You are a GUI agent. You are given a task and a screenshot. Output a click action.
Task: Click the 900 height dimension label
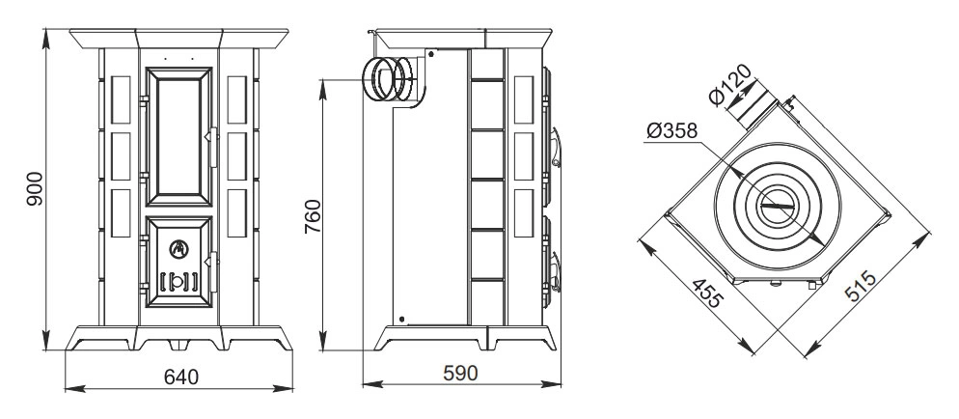pos(36,188)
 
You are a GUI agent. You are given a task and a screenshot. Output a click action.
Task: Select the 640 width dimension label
pos(181,377)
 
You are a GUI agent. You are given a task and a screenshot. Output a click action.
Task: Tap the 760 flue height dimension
pos(312,216)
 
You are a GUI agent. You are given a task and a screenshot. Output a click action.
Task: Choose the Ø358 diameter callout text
pos(671,131)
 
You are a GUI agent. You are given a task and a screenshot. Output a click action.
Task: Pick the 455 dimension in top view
pos(708,293)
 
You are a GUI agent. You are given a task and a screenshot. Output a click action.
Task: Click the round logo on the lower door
pos(179,248)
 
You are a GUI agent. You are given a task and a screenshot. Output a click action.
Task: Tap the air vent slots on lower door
pos(179,281)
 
